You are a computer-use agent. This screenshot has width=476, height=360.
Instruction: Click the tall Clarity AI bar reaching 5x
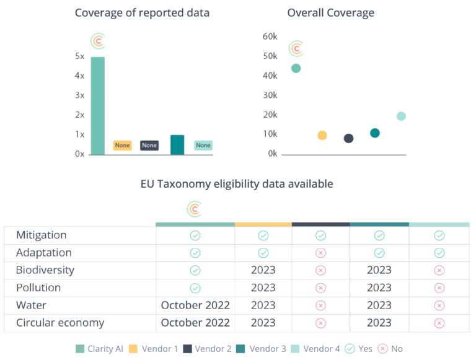[x=98, y=105]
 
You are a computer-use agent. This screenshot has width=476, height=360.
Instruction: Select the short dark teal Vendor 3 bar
[x=177, y=144]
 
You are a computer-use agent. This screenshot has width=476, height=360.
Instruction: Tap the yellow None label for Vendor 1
[x=122, y=146]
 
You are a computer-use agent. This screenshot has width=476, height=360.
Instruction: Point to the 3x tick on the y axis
[x=80, y=95]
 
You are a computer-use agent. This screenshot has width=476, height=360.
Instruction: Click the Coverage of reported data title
[x=142, y=13]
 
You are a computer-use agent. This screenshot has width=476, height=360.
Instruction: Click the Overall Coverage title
[x=331, y=13]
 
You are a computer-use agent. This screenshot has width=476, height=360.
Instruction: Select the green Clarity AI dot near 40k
[x=296, y=68]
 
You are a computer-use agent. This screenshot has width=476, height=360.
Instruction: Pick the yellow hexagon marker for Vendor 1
[x=322, y=135]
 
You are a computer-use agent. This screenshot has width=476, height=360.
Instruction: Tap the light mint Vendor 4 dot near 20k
[x=401, y=116]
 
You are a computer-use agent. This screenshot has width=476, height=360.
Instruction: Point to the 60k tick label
[x=270, y=37]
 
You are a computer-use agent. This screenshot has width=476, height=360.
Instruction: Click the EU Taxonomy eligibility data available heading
[x=237, y=184]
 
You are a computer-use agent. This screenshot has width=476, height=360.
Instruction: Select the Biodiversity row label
[x=46, y=270]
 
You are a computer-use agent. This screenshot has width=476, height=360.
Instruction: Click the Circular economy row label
[x=60, y=323]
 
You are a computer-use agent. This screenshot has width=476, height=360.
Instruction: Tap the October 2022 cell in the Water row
[x=195, y=305]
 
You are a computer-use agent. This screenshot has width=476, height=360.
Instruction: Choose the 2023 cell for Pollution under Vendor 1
[x=263, y=288]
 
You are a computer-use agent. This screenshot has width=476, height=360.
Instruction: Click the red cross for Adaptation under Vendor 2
[x=320, y=253]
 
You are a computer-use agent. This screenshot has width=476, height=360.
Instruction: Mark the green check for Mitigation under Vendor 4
[x=439, y=235]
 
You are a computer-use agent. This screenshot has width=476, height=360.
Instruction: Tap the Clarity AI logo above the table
[x=195, y=209]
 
